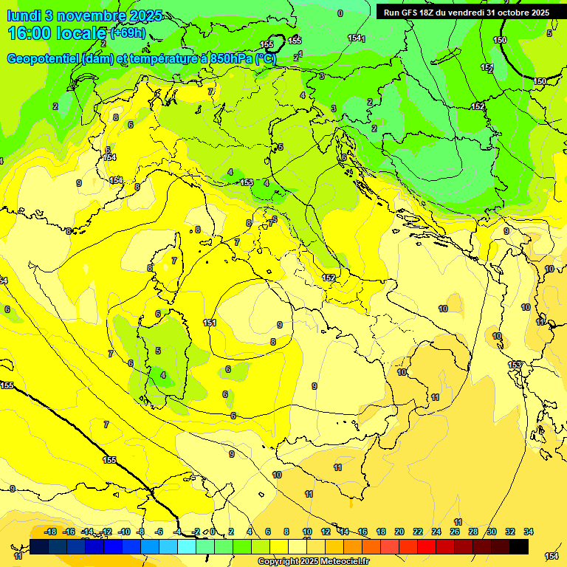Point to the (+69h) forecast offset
[128, 33]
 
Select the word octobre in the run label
[513, 13]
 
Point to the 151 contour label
[210, 323]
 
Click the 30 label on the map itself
[497, 336]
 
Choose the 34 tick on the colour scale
[529, 532]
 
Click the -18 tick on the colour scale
[51, 532]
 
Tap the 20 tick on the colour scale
[399, 532]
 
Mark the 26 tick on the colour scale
[455, 532]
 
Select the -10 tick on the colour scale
[125, 532]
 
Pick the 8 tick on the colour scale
[287, 532]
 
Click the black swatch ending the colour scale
[519, 546]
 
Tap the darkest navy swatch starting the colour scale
[40, 546]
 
